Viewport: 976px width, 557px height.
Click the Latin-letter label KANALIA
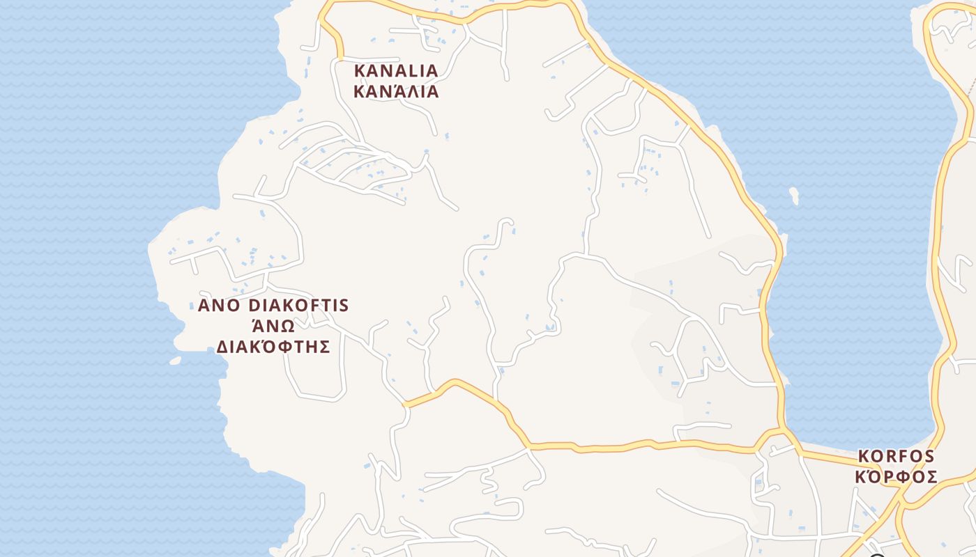[396, 71]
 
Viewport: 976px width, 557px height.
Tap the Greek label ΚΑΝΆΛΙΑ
[396, 91]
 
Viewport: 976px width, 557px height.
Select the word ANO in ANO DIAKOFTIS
[218, 306]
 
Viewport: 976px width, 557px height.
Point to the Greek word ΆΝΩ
[273, 327]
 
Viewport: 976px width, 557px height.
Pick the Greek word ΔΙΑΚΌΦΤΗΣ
[273, 347]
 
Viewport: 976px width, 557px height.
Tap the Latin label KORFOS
[896, 457]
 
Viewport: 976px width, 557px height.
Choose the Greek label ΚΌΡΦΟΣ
[896, 477]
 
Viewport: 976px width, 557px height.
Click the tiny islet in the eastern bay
[794, 196]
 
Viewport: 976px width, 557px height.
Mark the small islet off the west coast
[175, 361]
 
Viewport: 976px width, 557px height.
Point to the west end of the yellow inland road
[406, 404]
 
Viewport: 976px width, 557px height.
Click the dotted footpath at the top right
[970, 87]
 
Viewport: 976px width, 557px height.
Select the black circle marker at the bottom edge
[877, 555]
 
